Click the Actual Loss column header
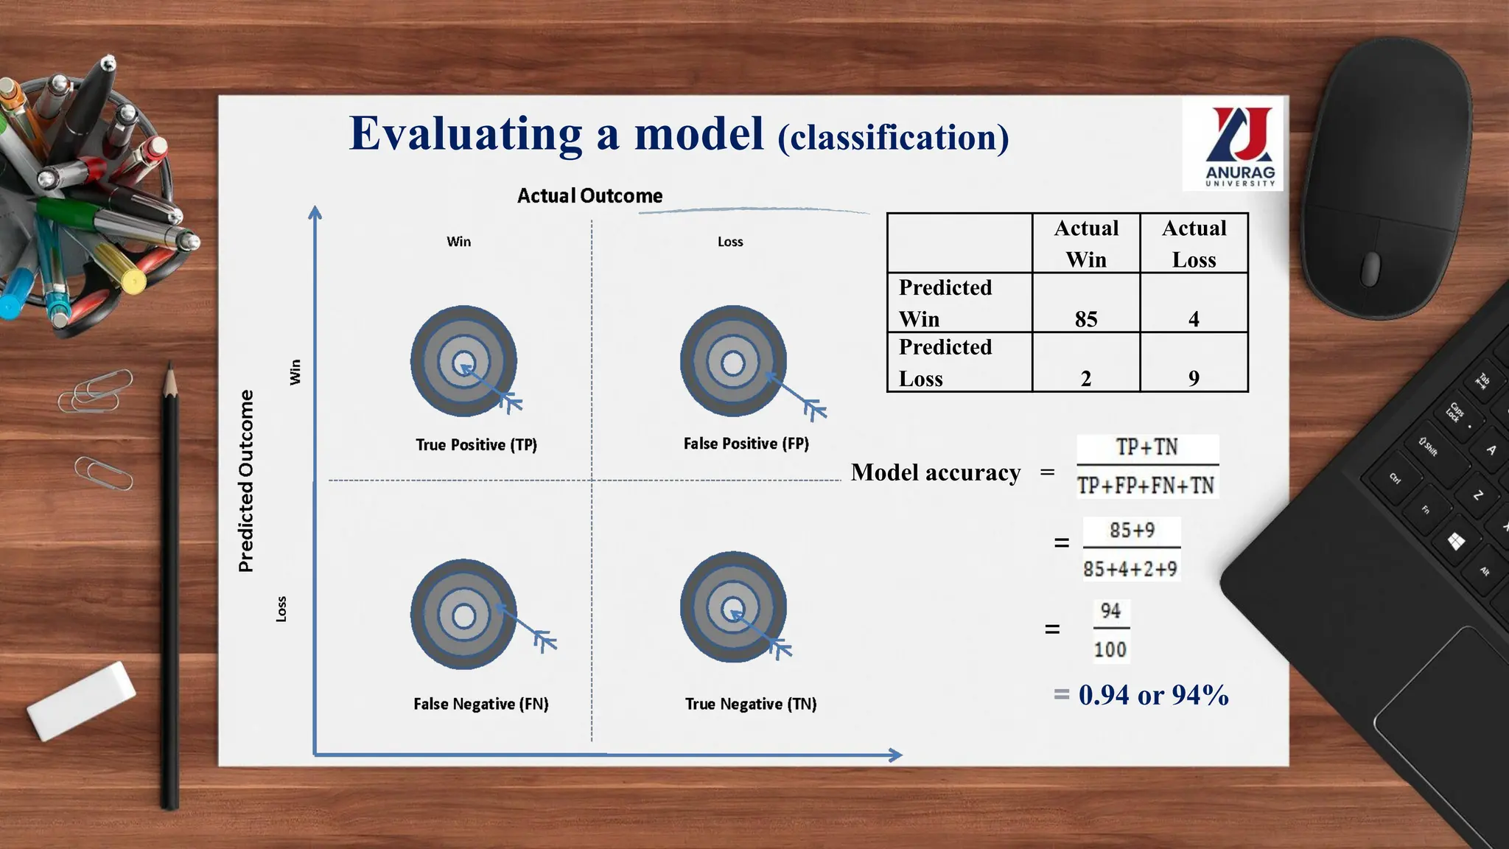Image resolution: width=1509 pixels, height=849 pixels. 1194,243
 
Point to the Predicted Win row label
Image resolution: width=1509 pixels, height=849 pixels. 945,303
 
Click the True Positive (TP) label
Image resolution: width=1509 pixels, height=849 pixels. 476,445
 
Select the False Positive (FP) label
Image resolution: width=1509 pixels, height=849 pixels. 746,444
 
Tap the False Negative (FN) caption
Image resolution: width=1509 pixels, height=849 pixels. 480,704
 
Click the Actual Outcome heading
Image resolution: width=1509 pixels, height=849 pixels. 589,196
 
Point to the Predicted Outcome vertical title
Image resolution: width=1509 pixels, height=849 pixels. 246,481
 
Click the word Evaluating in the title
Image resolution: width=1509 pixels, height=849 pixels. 466,134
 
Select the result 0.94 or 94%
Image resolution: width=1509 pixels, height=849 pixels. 1152,695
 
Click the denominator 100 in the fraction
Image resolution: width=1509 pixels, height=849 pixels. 1110,650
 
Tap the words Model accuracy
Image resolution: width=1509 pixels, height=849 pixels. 936,472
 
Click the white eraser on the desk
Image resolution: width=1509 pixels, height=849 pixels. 81,699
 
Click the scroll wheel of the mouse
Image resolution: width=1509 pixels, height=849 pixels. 1370,268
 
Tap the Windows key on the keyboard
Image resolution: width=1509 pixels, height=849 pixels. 1456,542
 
